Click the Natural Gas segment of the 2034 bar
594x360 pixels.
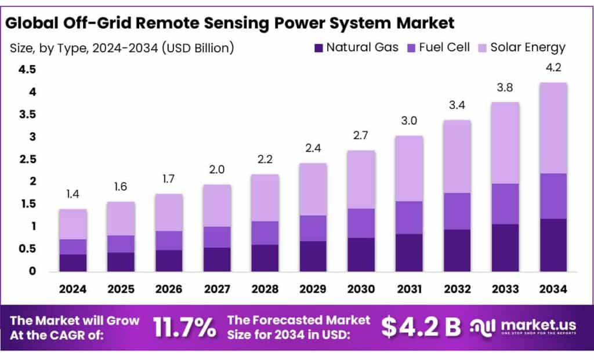553,245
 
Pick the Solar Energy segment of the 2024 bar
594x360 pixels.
73,224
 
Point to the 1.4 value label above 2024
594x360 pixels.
73,194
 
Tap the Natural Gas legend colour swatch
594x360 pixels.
318,48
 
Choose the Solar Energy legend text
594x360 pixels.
528,48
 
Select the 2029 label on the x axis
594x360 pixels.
313,289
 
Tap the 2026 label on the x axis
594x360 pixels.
169,289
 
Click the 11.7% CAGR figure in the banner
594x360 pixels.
184,328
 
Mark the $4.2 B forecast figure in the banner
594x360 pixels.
421,328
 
